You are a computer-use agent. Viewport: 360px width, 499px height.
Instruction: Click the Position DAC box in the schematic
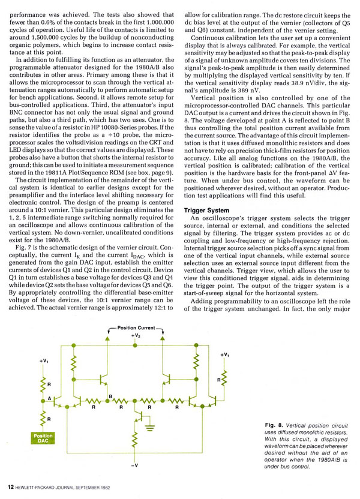tap(43, 438)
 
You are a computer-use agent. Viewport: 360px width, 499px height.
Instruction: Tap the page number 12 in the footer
tap(11, 487)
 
